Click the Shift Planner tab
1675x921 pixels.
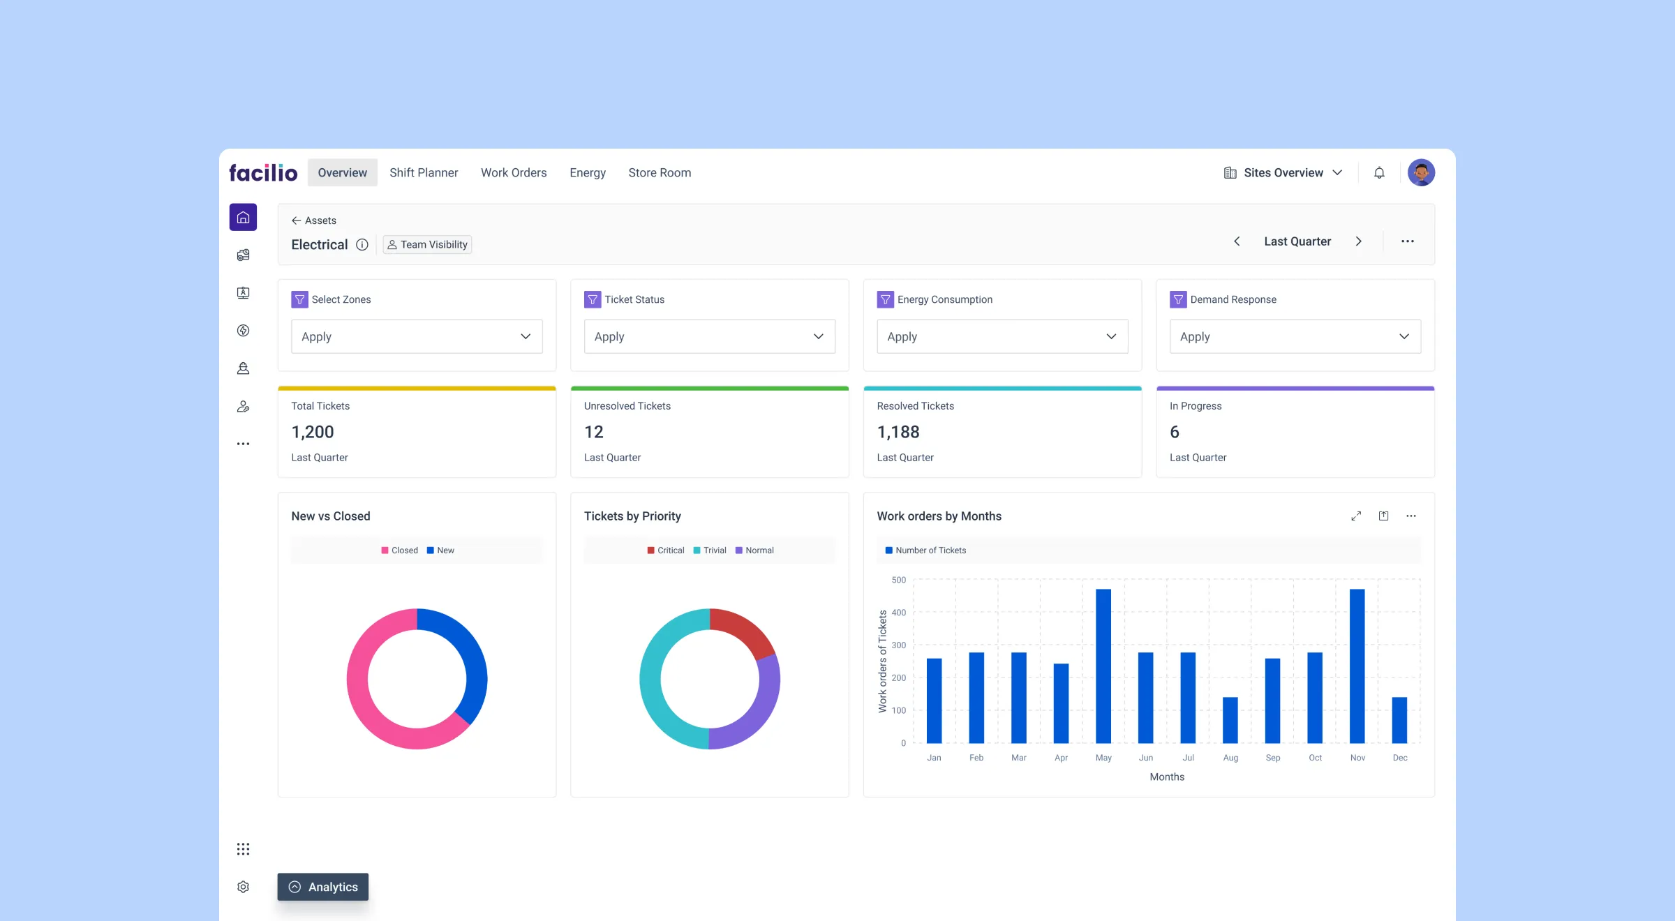[423, 172]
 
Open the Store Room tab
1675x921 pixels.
[659, 172]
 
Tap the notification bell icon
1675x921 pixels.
[1379, 172]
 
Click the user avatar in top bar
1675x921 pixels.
[1421, 172]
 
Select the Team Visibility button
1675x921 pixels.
[427, 244]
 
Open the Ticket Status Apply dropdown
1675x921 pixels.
[709, 336]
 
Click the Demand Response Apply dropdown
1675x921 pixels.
[1295, 336]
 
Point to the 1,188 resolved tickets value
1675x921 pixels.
[898, 432]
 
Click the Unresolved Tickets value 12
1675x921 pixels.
[593, 432]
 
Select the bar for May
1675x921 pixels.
[1103, 666]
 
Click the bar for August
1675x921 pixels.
[1230, 720]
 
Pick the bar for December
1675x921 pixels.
[1399, 720]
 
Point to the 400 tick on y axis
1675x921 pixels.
[899, 613]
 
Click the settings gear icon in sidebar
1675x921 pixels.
[243, 887]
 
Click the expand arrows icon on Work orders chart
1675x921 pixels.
[1356, 516]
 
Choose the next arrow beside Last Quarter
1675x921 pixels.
[1358, 241]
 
